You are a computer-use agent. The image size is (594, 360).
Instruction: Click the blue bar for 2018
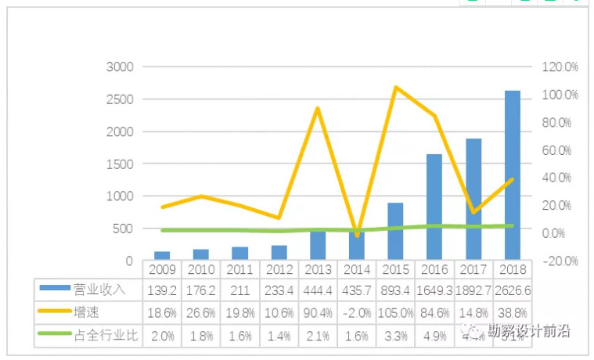click(512, 175)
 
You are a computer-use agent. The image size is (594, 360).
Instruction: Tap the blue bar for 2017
click(473, 199)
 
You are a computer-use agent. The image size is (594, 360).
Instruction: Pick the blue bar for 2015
click(395, 231)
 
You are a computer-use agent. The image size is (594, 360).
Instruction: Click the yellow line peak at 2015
click(396, 87)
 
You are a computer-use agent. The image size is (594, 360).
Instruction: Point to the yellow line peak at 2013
click(318, 108)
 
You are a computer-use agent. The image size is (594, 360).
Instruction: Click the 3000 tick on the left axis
click(120, 67)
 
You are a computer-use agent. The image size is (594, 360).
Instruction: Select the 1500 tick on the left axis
click(120, 164)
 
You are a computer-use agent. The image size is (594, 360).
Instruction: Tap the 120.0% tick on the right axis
click(560, 67)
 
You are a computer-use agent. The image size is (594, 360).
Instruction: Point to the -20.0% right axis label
click(560, 261)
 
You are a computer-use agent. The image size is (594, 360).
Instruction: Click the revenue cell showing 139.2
click(162, 290)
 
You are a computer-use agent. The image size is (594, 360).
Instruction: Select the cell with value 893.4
click(395, 290)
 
